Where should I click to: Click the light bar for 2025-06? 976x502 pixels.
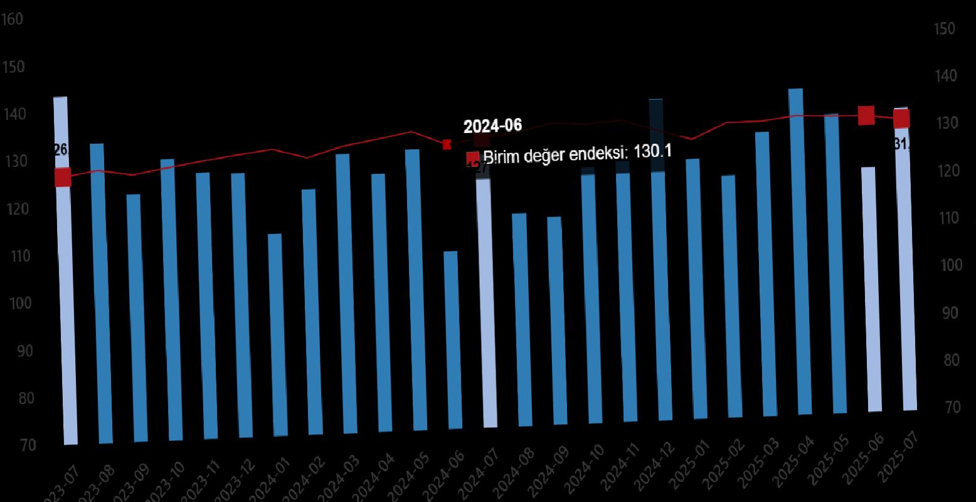pyautogui.click(x=869, y=289)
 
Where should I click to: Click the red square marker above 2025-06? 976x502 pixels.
pyautogui.click(x=866, y=115)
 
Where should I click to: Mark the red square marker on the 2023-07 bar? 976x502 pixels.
pyautogui.click(x=63, y=178)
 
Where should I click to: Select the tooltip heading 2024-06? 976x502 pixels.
pyautogui.click(x=492, y=126)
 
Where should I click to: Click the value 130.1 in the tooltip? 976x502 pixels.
pyautogui.click(x=652, y=151)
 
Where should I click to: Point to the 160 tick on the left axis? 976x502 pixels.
pyautogui.click(x=13, y=19)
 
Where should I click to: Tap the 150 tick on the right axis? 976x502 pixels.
pyautogui.click(x=944, y=29)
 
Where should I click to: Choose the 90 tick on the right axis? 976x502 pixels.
pyautogui.click(x=950, y=313)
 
